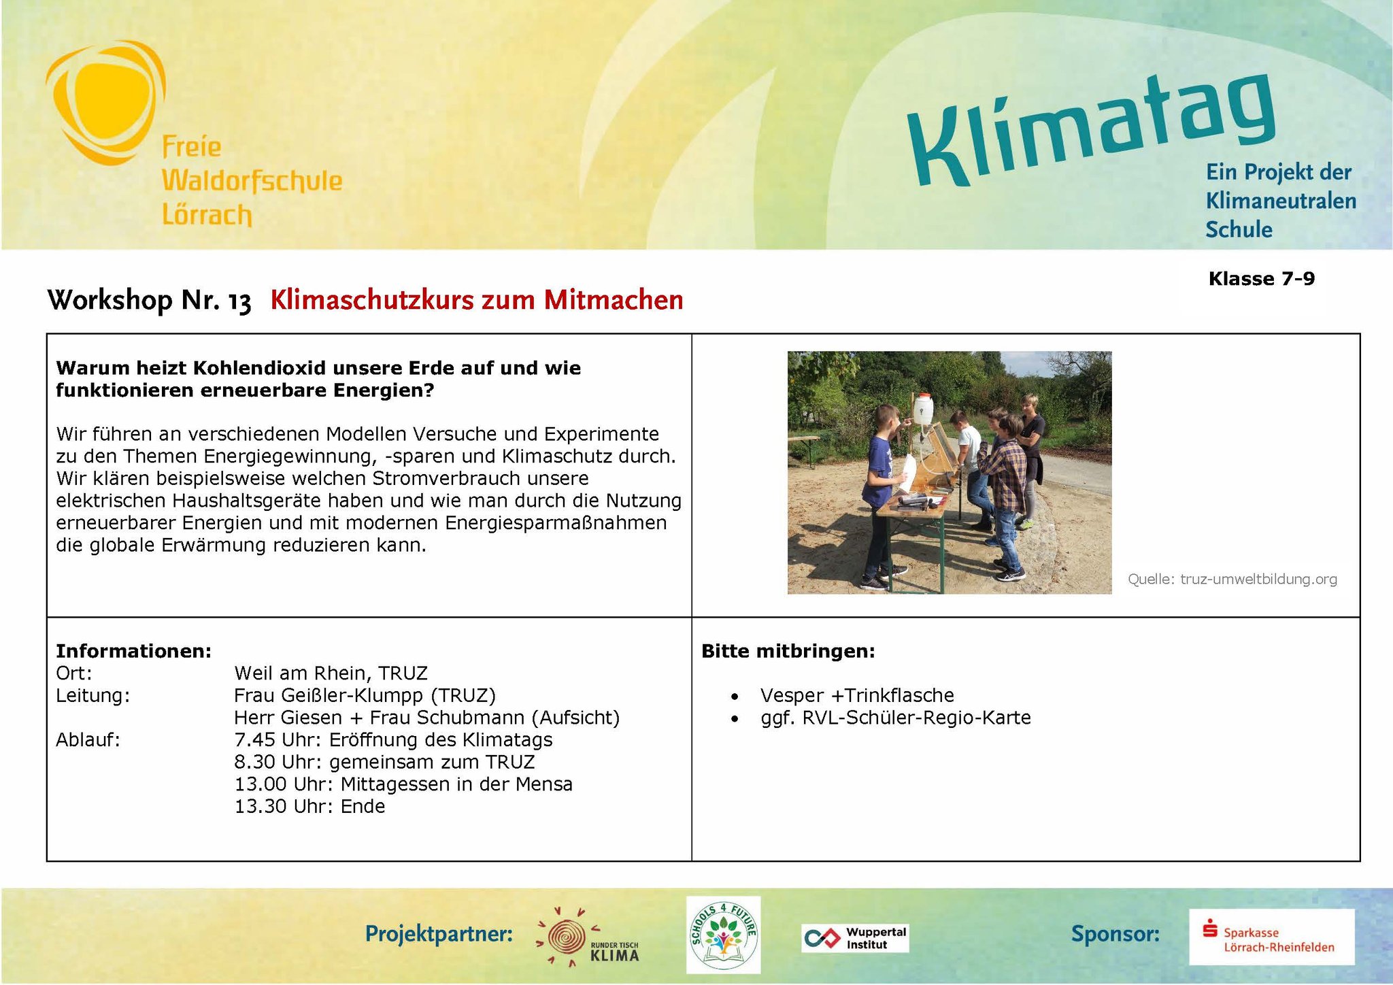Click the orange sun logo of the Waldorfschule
[105, 102]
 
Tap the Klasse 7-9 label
[1262, 279]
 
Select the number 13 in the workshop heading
[239, 301]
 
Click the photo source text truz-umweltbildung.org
[1258, 579]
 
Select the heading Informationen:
[134, 651]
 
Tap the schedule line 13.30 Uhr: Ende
[310, 806]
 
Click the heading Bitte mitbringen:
[788, 651]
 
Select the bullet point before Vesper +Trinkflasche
[735, 697]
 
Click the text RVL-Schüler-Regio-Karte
[916, 718]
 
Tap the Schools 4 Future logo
[724, 935]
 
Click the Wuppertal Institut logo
[855, 938]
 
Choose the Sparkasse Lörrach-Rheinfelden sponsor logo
[1271, 937]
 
